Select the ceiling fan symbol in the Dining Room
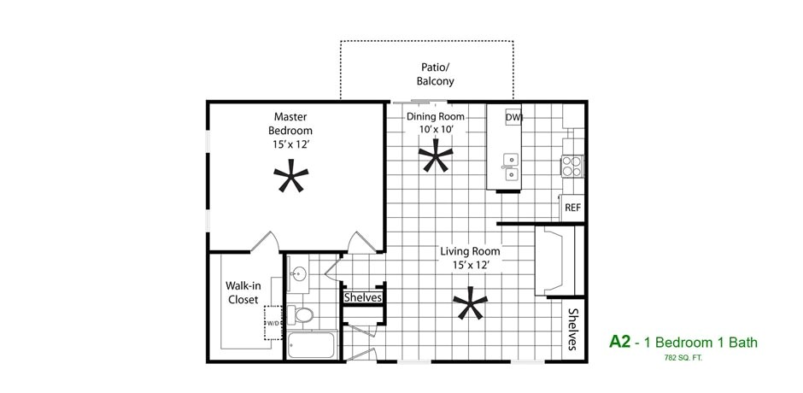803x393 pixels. click(436, 157)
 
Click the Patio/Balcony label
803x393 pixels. click(435, 73)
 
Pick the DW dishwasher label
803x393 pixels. click(513, 117)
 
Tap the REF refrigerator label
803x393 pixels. click(572, 208)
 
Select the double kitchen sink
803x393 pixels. click(511, 167)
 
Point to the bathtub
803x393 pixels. click(313, 346)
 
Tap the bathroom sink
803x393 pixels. click(299, 274)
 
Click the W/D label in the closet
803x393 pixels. click(273, 324)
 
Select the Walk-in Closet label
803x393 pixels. click(243, 292)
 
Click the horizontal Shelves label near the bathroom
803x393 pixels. click(363, 297)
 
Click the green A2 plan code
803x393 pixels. click(619, 342)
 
